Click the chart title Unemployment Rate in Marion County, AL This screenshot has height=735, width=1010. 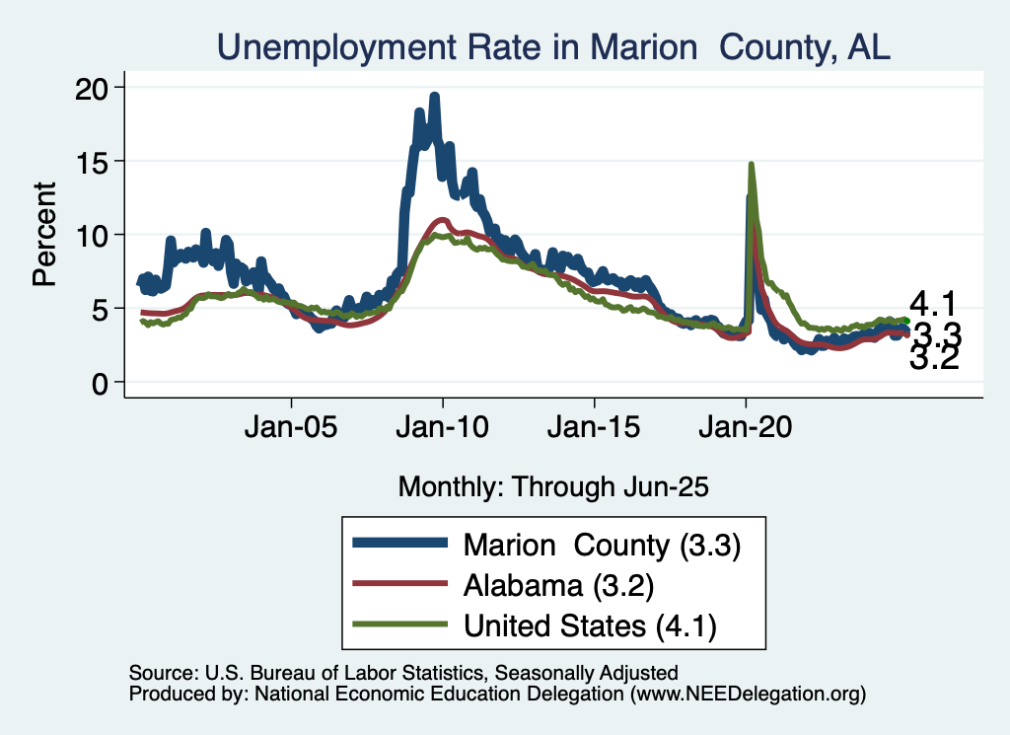pos(553,46)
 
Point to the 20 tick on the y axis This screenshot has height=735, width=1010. pos(95,88)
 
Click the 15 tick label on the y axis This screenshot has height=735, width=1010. pos(95,161)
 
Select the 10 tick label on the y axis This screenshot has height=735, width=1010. pos(95,235)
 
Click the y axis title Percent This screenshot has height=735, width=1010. pos(44,235)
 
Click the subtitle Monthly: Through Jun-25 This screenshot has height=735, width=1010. pos(553,486)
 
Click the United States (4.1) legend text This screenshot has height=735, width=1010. pos(589,625)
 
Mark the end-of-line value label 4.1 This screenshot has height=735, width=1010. pos(933,303)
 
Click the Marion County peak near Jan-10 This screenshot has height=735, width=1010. pos(434,97)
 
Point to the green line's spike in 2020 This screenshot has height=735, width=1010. pos(752,165)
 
